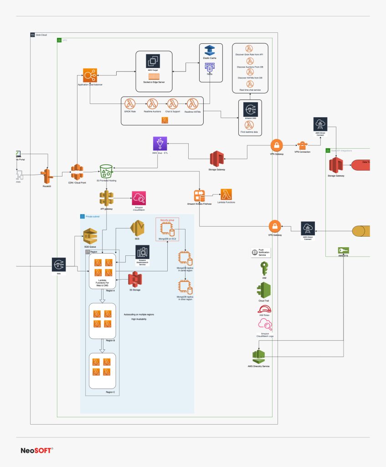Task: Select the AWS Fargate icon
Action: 154,62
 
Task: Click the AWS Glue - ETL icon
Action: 160,143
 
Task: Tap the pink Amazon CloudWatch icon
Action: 139,198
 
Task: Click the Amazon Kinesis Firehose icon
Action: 200,196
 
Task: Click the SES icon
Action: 137,227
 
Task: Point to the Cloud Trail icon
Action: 264,290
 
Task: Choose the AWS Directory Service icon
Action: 259,355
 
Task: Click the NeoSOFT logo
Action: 37,450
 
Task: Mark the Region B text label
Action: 110,340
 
